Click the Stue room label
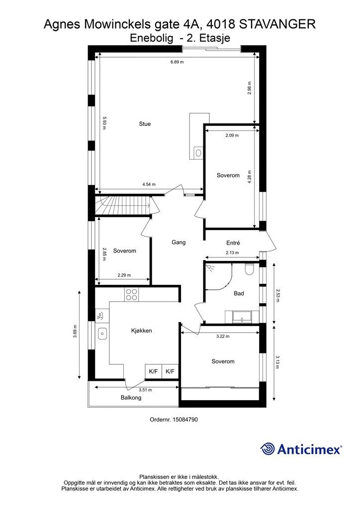[x=145, y=124]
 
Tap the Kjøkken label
[x=142, y=331]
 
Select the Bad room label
[x=239, y=293]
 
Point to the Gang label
[x=179, y=242]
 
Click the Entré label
[x=233, y=243]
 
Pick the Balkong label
[x=131, y=397]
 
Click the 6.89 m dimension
[x=177, y=62]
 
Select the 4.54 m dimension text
[x=149, y=184]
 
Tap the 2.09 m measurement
[x=232, y=135]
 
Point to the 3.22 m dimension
[x=223, y=337]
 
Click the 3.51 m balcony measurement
[x=145, y=390]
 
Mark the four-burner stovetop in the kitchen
[x=131, y=295]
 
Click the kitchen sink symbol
[x=102, y=334]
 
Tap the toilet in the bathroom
[x=250, y=269]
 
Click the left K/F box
[x=153, y=371]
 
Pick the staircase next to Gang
[x=123, y=205]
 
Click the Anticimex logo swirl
[x=268, y=449]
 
